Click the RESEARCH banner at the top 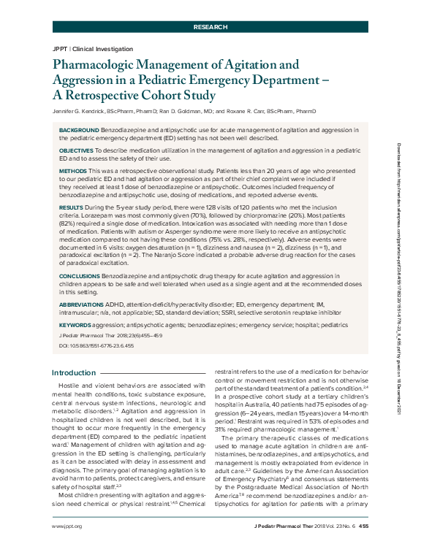click(210, 26)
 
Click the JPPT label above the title click(61, 47)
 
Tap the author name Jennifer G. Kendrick click(81, 111)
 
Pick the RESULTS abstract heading click(72, 208)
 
